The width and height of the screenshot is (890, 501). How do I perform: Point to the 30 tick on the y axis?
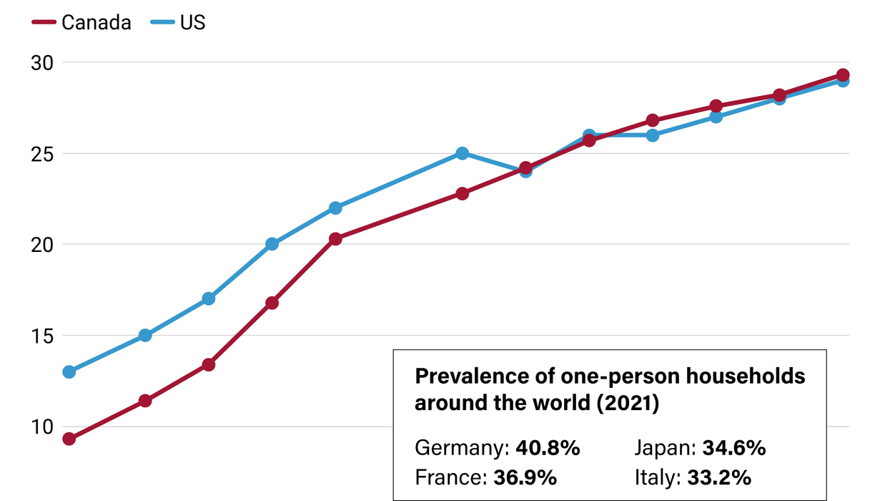pyautogui.click(x=41, y=63)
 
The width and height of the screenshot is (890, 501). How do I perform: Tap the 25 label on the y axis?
pyautogui.click(x=41, y=154)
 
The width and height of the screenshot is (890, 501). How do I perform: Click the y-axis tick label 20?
pyautogui.click(x=41, y=245)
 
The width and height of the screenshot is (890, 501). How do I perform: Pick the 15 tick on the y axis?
pyautogui.click(x=41, y=336)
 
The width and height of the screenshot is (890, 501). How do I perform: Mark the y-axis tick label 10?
pyautogui.click(x=41, y=427)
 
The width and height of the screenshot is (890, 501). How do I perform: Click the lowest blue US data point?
pyautogui.click(x=69, y=371)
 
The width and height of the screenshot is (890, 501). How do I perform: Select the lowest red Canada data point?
pyautogui.click(x=69, y=439)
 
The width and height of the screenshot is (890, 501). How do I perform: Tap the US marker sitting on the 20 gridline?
pyautogui.click(x=272, y=244)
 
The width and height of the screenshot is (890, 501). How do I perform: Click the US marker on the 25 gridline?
pyautogui.click(x=463, y=153)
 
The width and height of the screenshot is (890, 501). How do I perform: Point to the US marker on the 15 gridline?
pyautogui.click(x=145, y=335)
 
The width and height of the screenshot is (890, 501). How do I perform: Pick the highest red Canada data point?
pyautogui.click(x=843, y=75)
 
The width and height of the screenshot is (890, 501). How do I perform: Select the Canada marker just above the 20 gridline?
pyautogui.click(x=335, y=238)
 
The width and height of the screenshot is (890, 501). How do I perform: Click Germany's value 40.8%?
pyautogui.click(x=548, y=449)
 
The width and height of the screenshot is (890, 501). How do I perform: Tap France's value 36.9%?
pyautogui.click(x=525, y=477)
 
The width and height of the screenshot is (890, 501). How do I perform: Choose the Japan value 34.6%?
pyautogui.click(x=734, y=449)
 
